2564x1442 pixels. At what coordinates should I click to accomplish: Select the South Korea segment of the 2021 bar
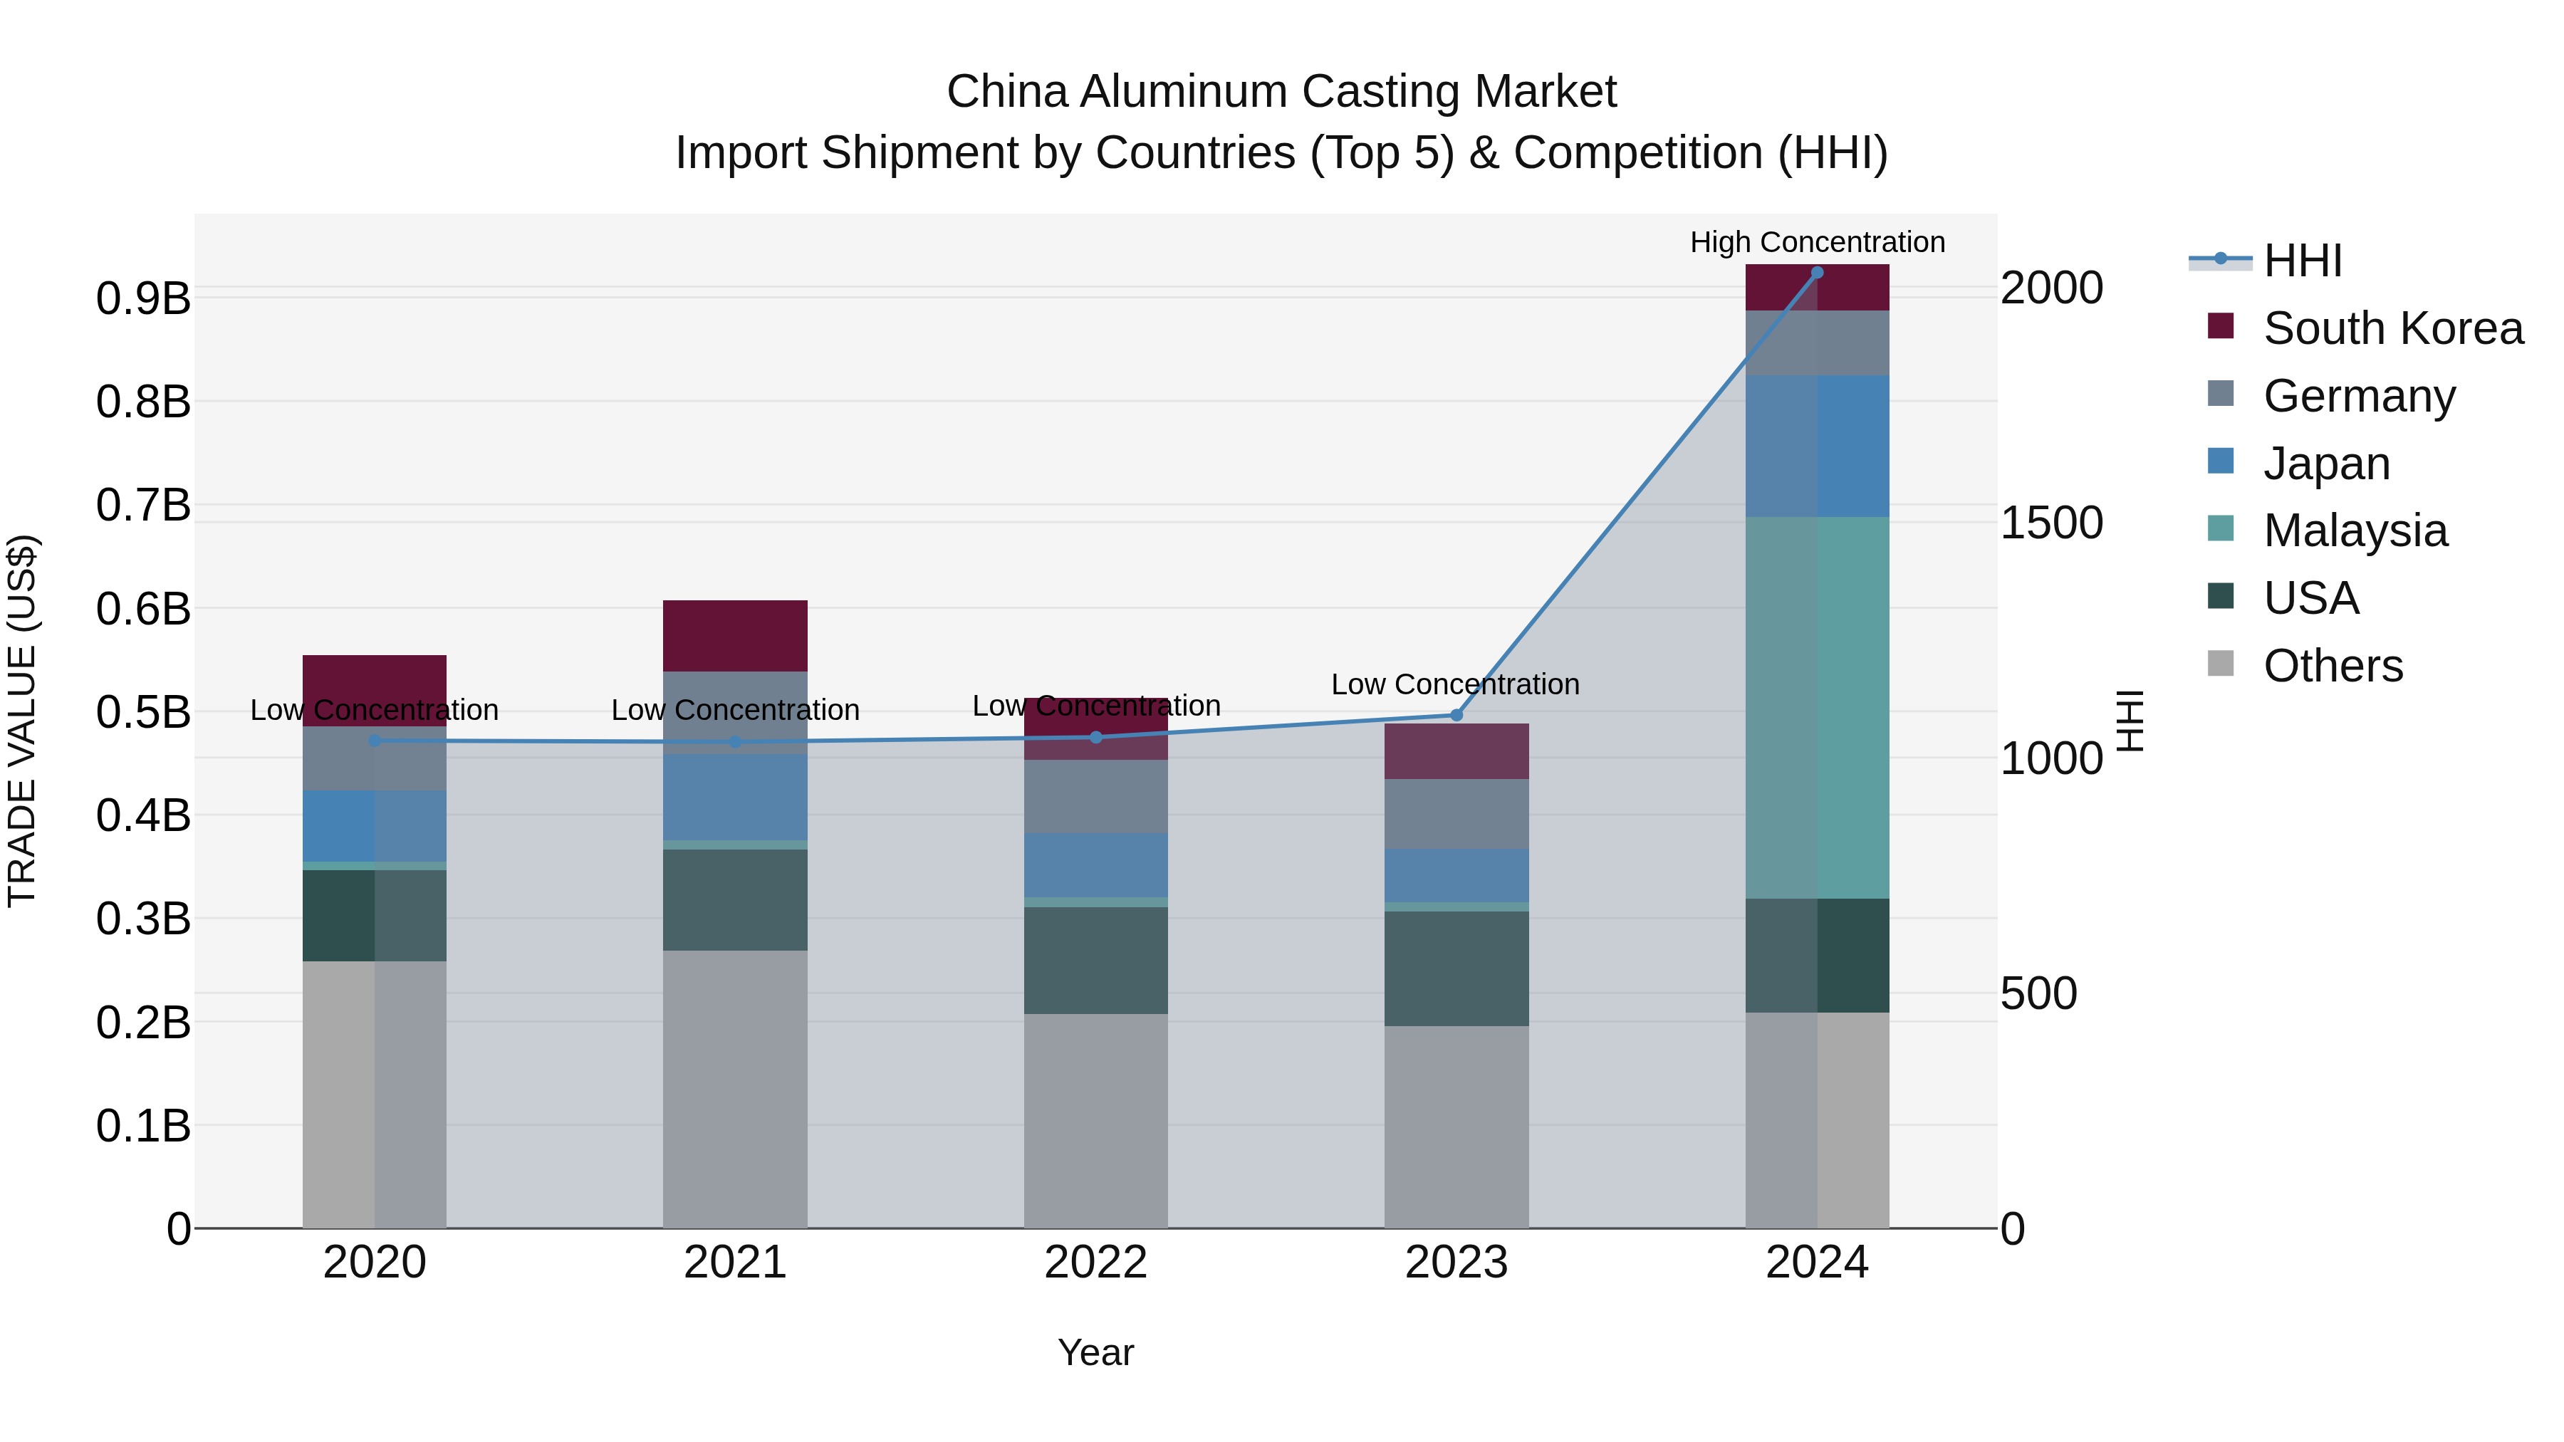[x=734, y=636]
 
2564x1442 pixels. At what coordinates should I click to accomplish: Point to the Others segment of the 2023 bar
[x=1456, y=1127]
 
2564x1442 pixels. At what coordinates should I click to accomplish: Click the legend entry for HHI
[x=2301, y=261]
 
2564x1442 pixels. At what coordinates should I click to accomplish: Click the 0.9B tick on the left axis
[x=143, y=298]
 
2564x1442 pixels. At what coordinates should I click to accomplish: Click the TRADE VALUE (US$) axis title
[x=22, y=721]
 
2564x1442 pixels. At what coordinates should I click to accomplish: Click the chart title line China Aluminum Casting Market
[x=1281, y=92]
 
